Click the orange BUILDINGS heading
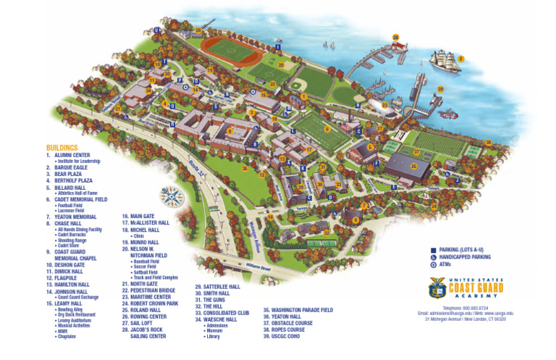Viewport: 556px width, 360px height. [x=62, y=147]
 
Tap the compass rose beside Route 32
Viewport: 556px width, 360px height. [x=172, y=196]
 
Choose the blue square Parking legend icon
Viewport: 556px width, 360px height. [x=433, y=248]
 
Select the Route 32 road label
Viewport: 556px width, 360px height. [x=195, y=167]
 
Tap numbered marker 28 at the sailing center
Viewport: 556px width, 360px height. [x=396, y=37]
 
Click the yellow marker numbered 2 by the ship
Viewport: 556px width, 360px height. [x=460, y=59]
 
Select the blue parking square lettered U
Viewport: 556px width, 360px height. [x=156, y=30]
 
